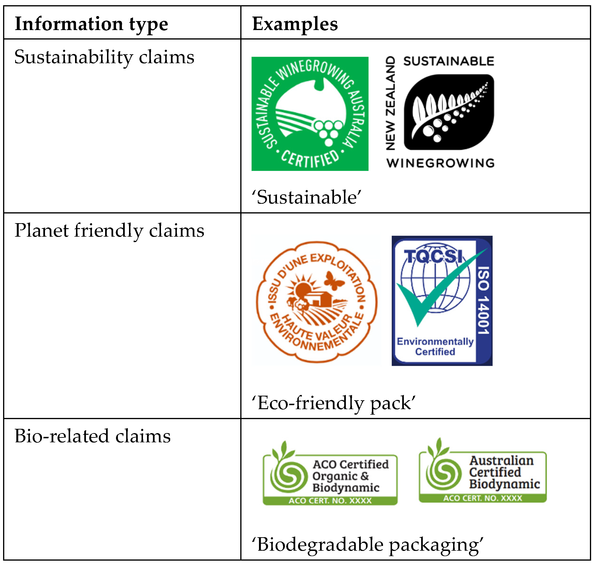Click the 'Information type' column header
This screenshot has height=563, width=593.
[x=91, y=24]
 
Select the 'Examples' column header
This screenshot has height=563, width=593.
[x=295, y=24]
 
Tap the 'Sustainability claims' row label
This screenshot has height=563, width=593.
[x=104, y=57]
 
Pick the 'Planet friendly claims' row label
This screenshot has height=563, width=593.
[x=109, y=231]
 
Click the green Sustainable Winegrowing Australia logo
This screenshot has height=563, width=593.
[x=310, y=114]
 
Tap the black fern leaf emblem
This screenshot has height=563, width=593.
[x=449, y=112]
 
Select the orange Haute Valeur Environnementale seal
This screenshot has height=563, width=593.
[x=317, y=301]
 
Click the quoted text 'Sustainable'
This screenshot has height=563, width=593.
[x=306, y=197]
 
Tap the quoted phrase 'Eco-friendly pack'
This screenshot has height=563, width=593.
[x=333, y=403]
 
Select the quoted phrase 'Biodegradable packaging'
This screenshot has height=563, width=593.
[x=367, y=544]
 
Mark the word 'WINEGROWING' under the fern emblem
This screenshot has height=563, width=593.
[x=440, y=163]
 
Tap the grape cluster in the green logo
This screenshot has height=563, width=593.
[x=328, y=131]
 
